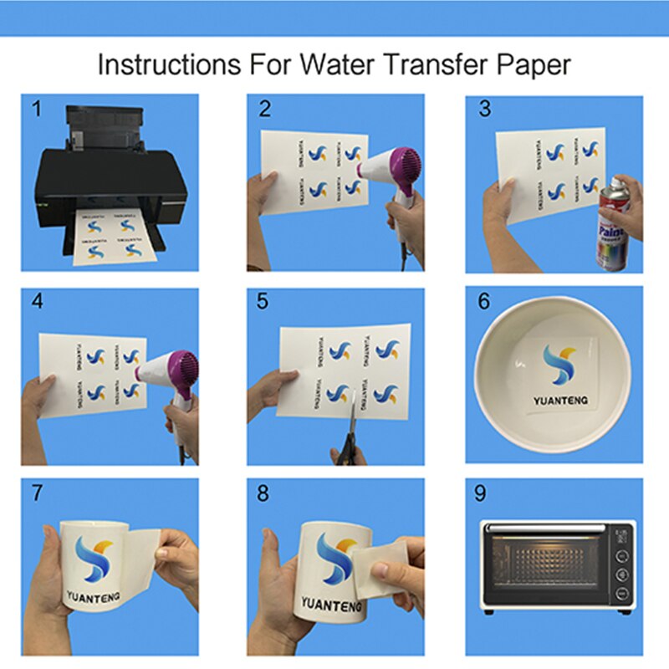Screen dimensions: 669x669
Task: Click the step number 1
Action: point(35,108)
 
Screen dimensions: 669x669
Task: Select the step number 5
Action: point(262,301)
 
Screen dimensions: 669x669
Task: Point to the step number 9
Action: point(480,493)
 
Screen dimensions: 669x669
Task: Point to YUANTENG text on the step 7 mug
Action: point(98,598)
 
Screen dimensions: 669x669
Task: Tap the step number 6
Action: point(483,301)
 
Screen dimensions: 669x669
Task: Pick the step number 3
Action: point(483,108)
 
